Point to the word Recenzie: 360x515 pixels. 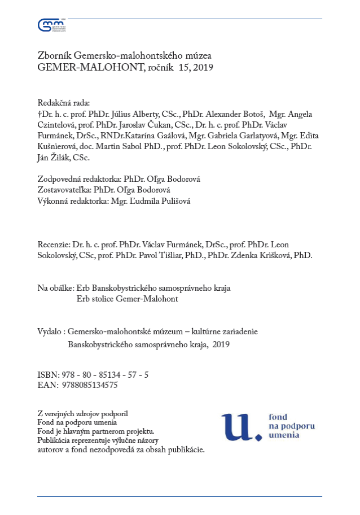54,245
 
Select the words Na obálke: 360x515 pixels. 55,288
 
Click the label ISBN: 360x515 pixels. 47,374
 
